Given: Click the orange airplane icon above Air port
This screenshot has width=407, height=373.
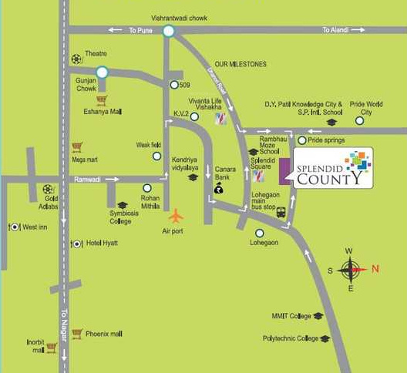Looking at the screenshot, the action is pyautogui.click(x=177, y=215).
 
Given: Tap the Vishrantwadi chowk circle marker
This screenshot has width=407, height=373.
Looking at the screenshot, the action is pyautogui.click(x=169, y=31).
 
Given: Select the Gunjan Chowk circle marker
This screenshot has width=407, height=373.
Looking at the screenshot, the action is pyautogui.click(x=101, y=73).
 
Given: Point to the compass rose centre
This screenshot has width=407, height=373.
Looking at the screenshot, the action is pyautogui.click(x=351, y=269).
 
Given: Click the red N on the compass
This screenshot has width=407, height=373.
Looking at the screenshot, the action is pyautogui.click(x=375, y=269).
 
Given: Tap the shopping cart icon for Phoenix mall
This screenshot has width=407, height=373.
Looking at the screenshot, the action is pyautogui.click(x=76, y=334).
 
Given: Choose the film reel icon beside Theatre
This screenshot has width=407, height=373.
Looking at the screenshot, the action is pyautogui.click(x=76, y=59).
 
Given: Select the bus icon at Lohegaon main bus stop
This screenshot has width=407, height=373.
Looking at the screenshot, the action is pyautogui.click(x=281, y=212).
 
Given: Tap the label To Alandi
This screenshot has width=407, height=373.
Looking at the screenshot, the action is pyautogui.click(x=337, y=30).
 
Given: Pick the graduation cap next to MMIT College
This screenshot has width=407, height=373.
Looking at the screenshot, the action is pyautogui.click(x=318, y=316).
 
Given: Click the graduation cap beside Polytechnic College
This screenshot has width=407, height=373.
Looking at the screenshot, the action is pyautogui.click(x=325, y=338).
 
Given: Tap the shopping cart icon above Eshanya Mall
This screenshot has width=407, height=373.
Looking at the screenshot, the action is pyautogui.click(x=101, y=100).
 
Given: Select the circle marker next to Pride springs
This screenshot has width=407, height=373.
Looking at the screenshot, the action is pyautogui.click(x=301, y=141).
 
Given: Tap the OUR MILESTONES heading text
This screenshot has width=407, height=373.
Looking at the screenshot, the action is pyautogui.click(x=240, y=64).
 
